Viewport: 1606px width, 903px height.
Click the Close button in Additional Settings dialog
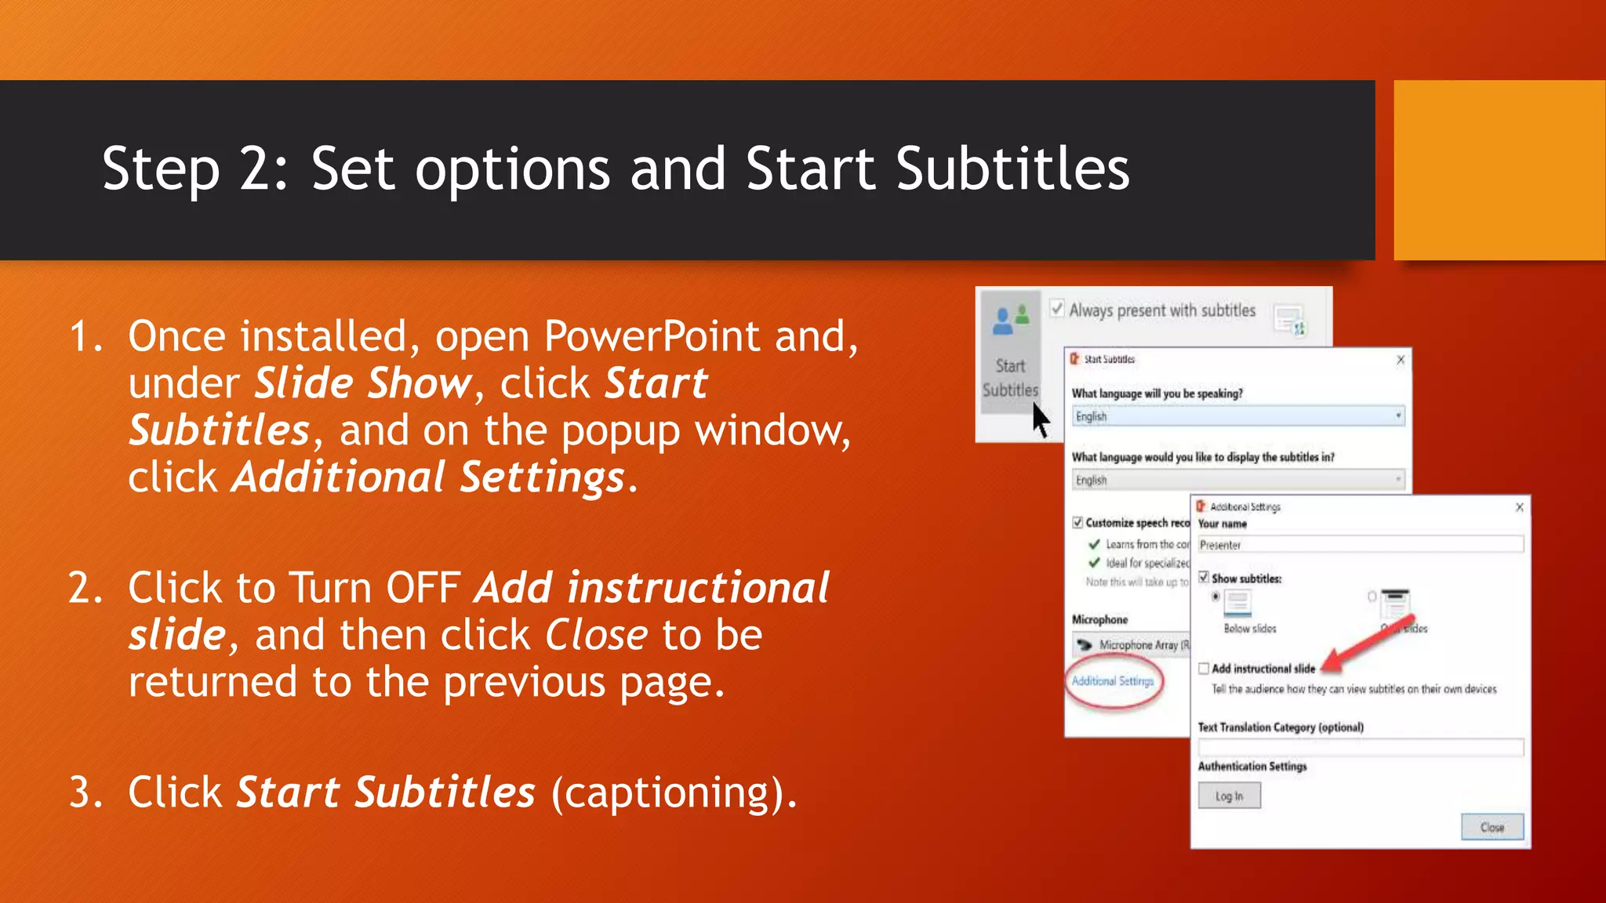coord(1492,827)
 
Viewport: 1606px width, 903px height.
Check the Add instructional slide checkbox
coord(1204,669)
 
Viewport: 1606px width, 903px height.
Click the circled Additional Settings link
coord(1112,681)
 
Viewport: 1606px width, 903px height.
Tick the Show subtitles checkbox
coord(1204,578)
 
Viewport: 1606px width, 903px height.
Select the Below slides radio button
coord(1215,597)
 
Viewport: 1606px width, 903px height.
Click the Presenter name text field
coord(1360,545)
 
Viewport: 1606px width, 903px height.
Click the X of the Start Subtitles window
coord(1401,360)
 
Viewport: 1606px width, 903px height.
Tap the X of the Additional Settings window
coord(1519,507)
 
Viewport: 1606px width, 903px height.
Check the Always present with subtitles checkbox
coord(1057,309)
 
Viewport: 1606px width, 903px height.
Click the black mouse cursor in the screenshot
coord(1040,420)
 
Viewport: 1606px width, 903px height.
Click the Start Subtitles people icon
coord(1010,320)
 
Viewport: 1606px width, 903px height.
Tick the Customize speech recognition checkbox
coord(1077,523)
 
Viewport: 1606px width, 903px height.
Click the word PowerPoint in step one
coord(652,337)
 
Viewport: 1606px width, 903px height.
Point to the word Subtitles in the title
coord(1012,169)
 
